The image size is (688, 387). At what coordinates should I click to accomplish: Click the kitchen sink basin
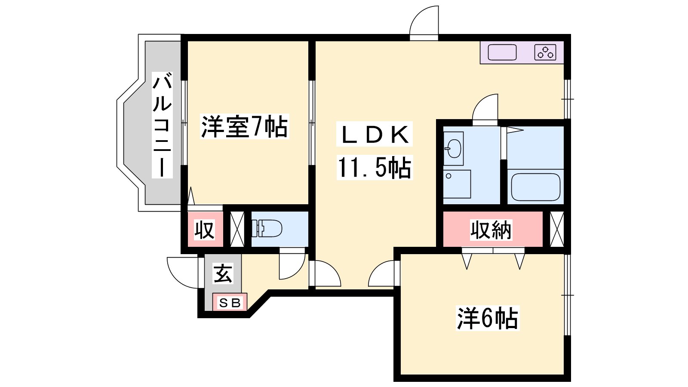[502, 52]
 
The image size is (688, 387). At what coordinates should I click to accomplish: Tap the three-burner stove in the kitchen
[545, 52]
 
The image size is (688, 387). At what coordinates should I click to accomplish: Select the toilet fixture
[267, 228]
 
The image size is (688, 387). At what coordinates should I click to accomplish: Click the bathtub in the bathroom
[536, 187]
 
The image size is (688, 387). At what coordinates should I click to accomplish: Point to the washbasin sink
[453, 149]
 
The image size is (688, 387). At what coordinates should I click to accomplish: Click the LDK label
[375, 135]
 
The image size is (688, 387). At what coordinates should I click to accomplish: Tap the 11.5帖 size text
[375, 168]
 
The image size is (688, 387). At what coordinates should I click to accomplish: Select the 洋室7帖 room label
[245, 126]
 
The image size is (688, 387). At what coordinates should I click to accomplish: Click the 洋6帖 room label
[488, 318]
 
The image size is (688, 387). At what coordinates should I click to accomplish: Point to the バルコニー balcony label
[162, 125]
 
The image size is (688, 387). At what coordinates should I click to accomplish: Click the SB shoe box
[230, 302]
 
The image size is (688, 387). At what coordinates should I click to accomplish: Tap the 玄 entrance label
[223, 273]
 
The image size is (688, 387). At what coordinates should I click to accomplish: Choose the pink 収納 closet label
[491, 230]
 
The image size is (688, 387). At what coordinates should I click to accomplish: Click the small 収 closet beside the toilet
[205, 230]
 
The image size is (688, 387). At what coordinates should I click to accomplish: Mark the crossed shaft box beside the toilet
[237, 229]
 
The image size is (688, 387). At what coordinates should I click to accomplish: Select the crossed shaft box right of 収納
[557, 229]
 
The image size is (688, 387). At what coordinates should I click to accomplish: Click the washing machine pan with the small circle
[457, 184]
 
